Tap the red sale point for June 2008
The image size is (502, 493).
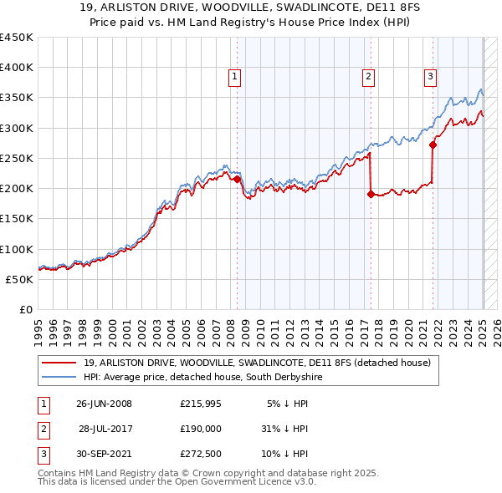(x=238, y=179)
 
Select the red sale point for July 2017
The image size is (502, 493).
(x=370, y=194)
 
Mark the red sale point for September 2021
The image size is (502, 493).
(x=433, y=145)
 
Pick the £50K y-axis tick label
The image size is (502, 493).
(x=20, y=279)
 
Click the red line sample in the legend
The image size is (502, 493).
(x=59, y=363)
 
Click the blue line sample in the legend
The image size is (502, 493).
(x=59, y=377)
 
